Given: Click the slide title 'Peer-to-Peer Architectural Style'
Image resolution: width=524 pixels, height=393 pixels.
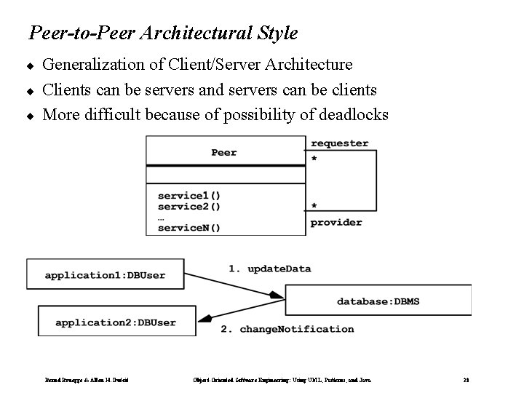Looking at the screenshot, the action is click(x=163, y=33).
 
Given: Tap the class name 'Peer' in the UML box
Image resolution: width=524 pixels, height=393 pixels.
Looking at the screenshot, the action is click(x=224, y=152).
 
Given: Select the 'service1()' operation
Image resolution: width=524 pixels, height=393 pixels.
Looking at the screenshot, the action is click(x=189, y=195).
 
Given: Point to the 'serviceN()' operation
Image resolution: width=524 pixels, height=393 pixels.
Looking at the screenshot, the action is click(x=189, y=227).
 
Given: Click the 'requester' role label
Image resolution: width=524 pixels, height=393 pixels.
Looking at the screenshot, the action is click(x=339, y=143).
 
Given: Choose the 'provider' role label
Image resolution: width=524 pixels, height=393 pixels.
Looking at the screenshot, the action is click(x=336, y=222).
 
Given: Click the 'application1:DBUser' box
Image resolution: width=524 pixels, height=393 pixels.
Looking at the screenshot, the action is click(x=105, y=275).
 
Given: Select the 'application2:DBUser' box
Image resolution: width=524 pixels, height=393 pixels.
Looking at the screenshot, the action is click(x=116, y=322).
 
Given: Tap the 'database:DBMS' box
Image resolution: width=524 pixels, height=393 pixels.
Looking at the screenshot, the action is click(x=378, y=301).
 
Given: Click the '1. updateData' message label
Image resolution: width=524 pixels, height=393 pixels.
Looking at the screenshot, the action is click(x=270, y=269).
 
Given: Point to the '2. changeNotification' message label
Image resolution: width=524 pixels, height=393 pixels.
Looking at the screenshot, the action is click(x=287, y=329).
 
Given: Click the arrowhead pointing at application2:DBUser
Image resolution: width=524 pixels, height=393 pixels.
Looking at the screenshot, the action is click(x=206, y=319).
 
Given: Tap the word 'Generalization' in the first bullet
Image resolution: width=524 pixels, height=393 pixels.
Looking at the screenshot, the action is click(x=86, y=65).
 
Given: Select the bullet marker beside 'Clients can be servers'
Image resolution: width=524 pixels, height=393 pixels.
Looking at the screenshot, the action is click(x=31, y=91).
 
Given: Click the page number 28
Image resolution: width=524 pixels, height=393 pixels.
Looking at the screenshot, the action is click(x=466, y=379).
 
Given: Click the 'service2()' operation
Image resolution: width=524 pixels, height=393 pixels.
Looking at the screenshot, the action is click(x=189, y=206).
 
